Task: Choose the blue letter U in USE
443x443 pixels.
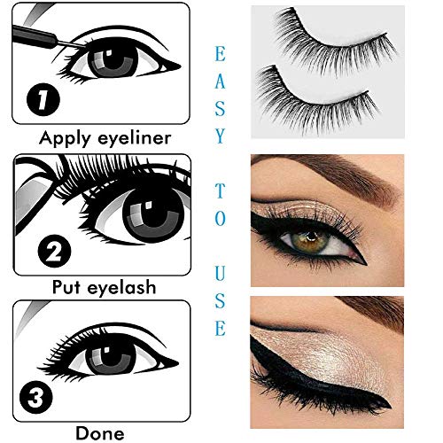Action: (219, 274)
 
